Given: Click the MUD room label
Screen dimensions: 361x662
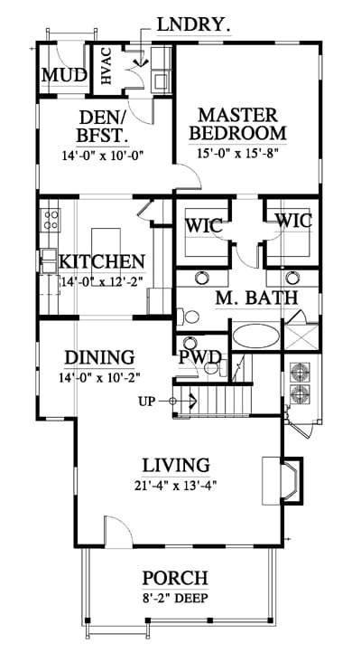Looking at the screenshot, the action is coord(64,76).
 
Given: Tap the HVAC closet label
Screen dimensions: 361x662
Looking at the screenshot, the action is coord(106,66).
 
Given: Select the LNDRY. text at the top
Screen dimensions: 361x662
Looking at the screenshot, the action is coord(193,25).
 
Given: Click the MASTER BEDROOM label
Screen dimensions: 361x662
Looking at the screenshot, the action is coord(238,124).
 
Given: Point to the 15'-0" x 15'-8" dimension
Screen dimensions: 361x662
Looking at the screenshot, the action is coord(238,153).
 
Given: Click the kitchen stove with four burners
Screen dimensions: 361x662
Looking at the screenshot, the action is coord(51,220).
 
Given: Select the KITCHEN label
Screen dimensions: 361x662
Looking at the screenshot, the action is coord(102,261).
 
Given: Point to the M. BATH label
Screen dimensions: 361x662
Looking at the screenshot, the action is coord(256,298).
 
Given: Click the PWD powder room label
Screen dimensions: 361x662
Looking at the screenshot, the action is coord(199,357).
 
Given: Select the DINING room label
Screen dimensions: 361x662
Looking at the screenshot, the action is coord(99,357).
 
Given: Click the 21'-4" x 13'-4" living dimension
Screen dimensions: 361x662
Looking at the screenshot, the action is coord(176,486).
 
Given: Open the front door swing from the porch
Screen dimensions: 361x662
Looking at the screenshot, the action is coord(119,531).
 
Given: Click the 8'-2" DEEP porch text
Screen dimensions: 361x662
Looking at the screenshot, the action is coord(175,598).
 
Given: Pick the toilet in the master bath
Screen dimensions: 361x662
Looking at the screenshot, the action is coord(188,317).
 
